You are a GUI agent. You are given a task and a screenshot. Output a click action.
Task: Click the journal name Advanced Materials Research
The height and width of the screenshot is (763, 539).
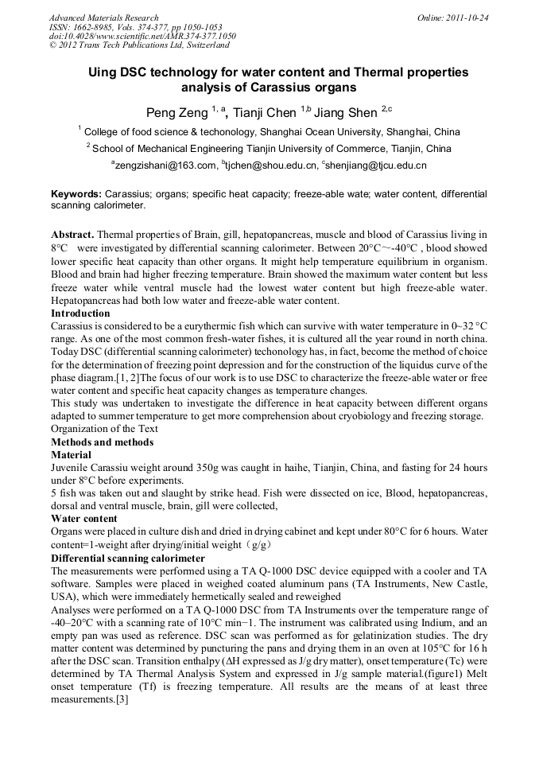click(103, 18)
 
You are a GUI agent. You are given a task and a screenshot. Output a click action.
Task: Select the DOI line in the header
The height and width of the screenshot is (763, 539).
click(142, 36)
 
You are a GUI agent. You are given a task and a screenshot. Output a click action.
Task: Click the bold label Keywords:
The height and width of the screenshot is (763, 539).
click(76, 194)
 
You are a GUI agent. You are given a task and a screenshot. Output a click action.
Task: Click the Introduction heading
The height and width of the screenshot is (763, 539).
click(80, 313)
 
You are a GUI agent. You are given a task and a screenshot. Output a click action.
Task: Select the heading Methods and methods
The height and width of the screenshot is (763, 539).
click(102, 442)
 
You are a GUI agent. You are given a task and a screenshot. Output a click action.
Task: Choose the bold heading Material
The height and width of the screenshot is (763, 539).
click(72, 454)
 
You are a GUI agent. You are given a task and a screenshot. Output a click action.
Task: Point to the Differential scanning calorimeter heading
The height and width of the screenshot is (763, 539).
click(128, 558)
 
